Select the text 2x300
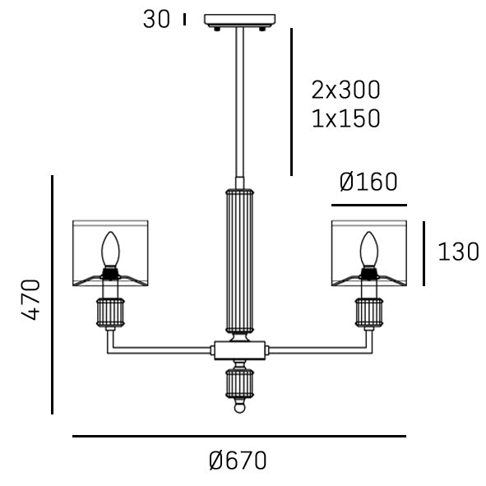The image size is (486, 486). pyautogui.click(x=345, y=90)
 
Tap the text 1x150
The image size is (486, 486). pyautogui.click(x=345, y=118)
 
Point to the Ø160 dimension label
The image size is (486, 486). pyautogui.click(x=368, y=183)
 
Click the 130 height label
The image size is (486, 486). pyautogui.click(x=458, y=252)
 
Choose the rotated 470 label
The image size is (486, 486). pyautogui.click(x=30, y=300)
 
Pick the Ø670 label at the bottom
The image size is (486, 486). pyautogui.click(x=238, y=461)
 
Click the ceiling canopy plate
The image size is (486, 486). pyautogui.click(x=239, y=21)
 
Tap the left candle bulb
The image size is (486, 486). pyautogui.click(x=109, y=249)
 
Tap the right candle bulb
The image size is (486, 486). pyautogui.click(x=369, y=249)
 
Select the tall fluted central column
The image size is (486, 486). pyautogui.click(x=239, y=259)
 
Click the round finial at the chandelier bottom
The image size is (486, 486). pyautogui.click(x=239, y=406)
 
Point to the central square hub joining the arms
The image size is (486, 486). pyautogui.click(x=239, y=350)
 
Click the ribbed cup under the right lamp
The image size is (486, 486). pyautogui.click(x=369, y=312)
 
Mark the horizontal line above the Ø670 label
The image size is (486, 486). pyautogui.click(x=238, y=436)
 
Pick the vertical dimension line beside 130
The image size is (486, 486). pyautogui.click(x=424, y=253)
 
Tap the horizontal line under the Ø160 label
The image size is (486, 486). pyautogui.click(x=368, y=205)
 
